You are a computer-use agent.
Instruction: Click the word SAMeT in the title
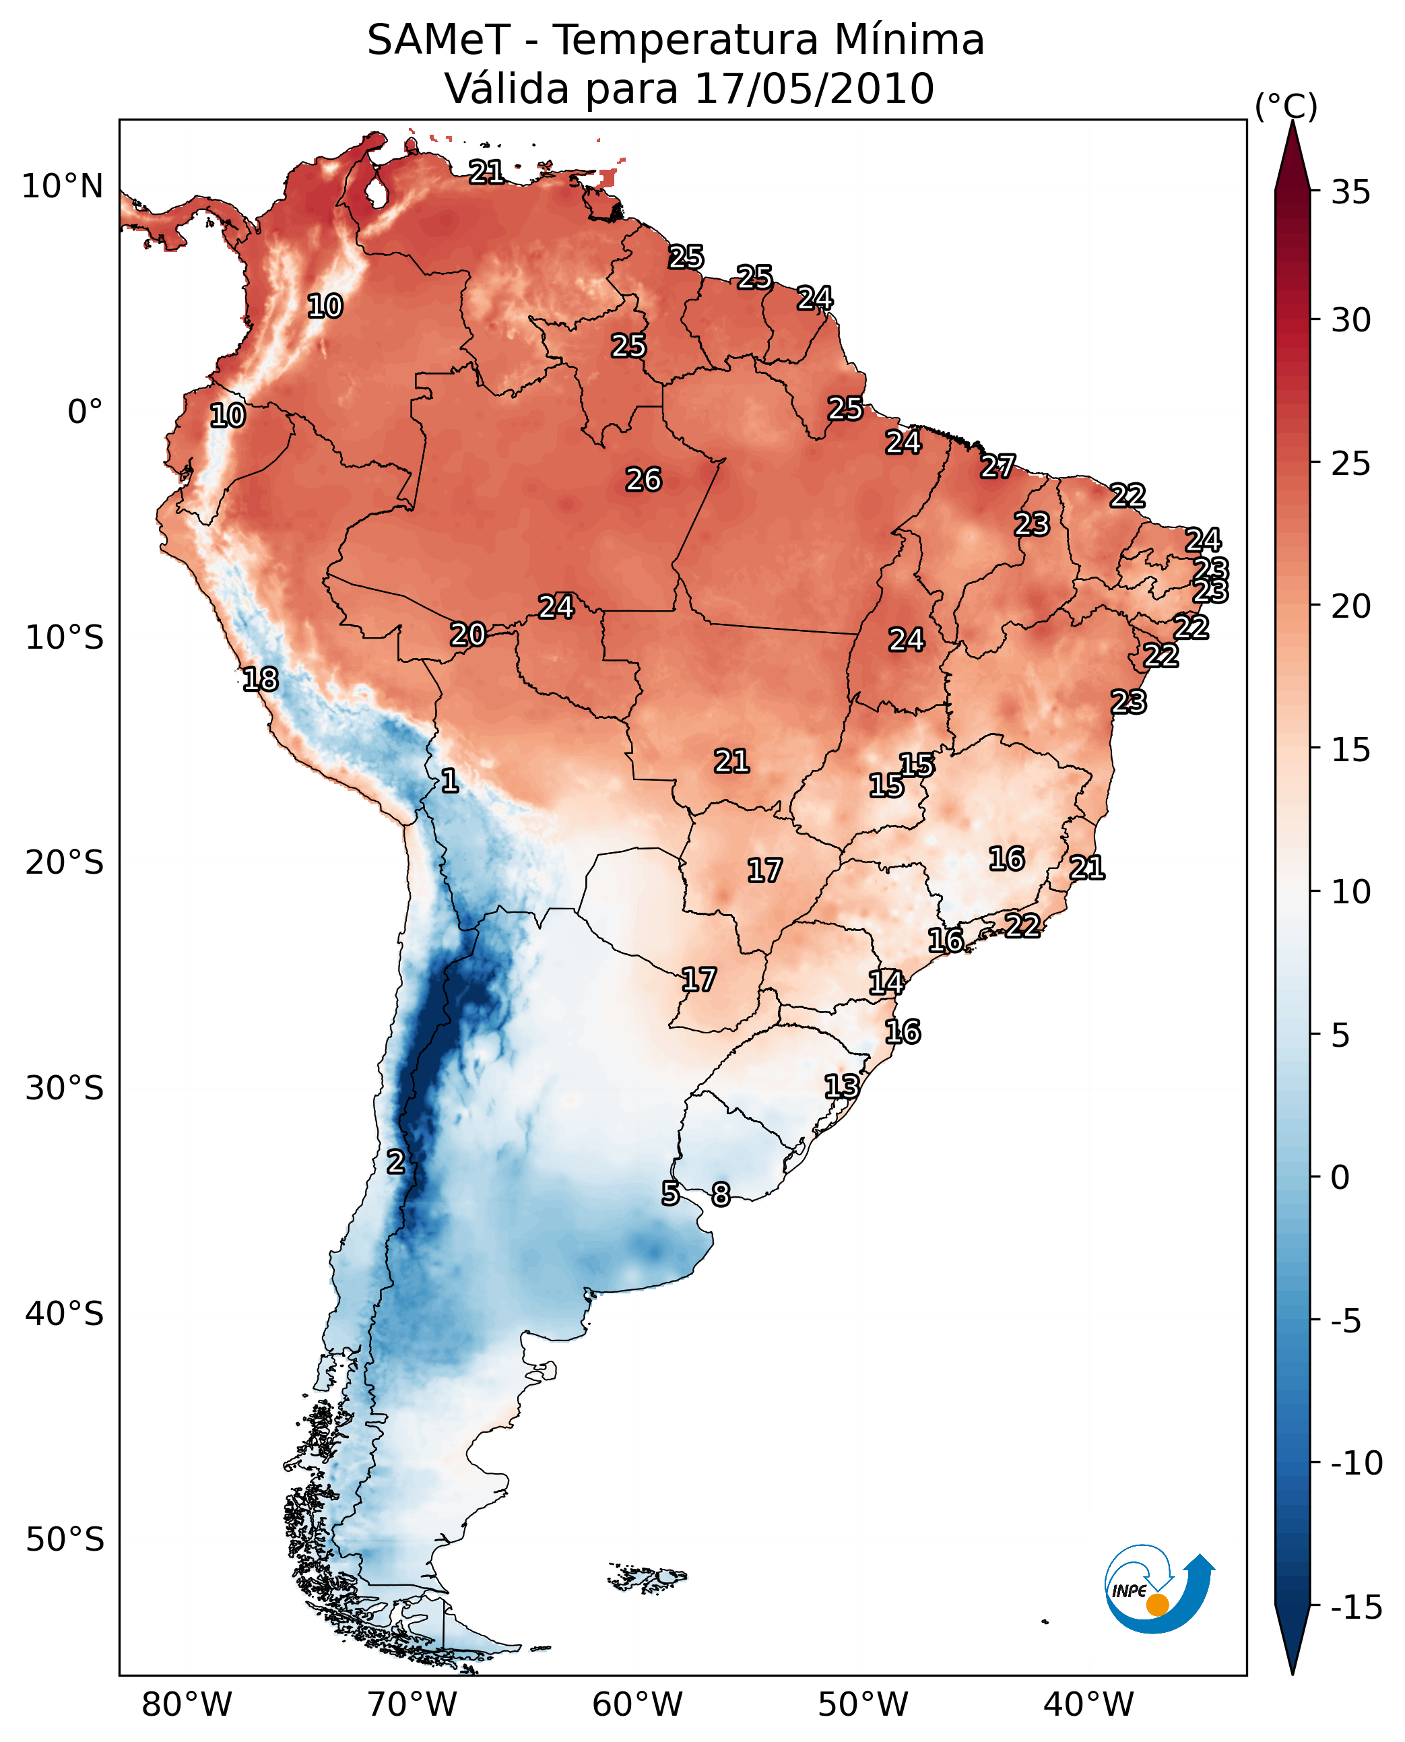(438, 40)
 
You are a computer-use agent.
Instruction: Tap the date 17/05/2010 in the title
(814, 89)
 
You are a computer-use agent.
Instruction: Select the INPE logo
(1158, 1590)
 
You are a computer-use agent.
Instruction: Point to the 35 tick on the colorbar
(1350, 193)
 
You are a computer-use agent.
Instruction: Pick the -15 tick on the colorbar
(1356, 1607)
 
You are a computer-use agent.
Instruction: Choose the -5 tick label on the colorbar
(1356, 1321)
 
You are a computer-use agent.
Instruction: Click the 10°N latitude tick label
(63, 187)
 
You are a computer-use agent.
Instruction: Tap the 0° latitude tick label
(85, 412)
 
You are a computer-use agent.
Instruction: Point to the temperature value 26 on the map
(643, 480)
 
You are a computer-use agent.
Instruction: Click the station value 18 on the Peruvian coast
(261, 679)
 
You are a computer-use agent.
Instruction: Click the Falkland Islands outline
(647, 1578)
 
